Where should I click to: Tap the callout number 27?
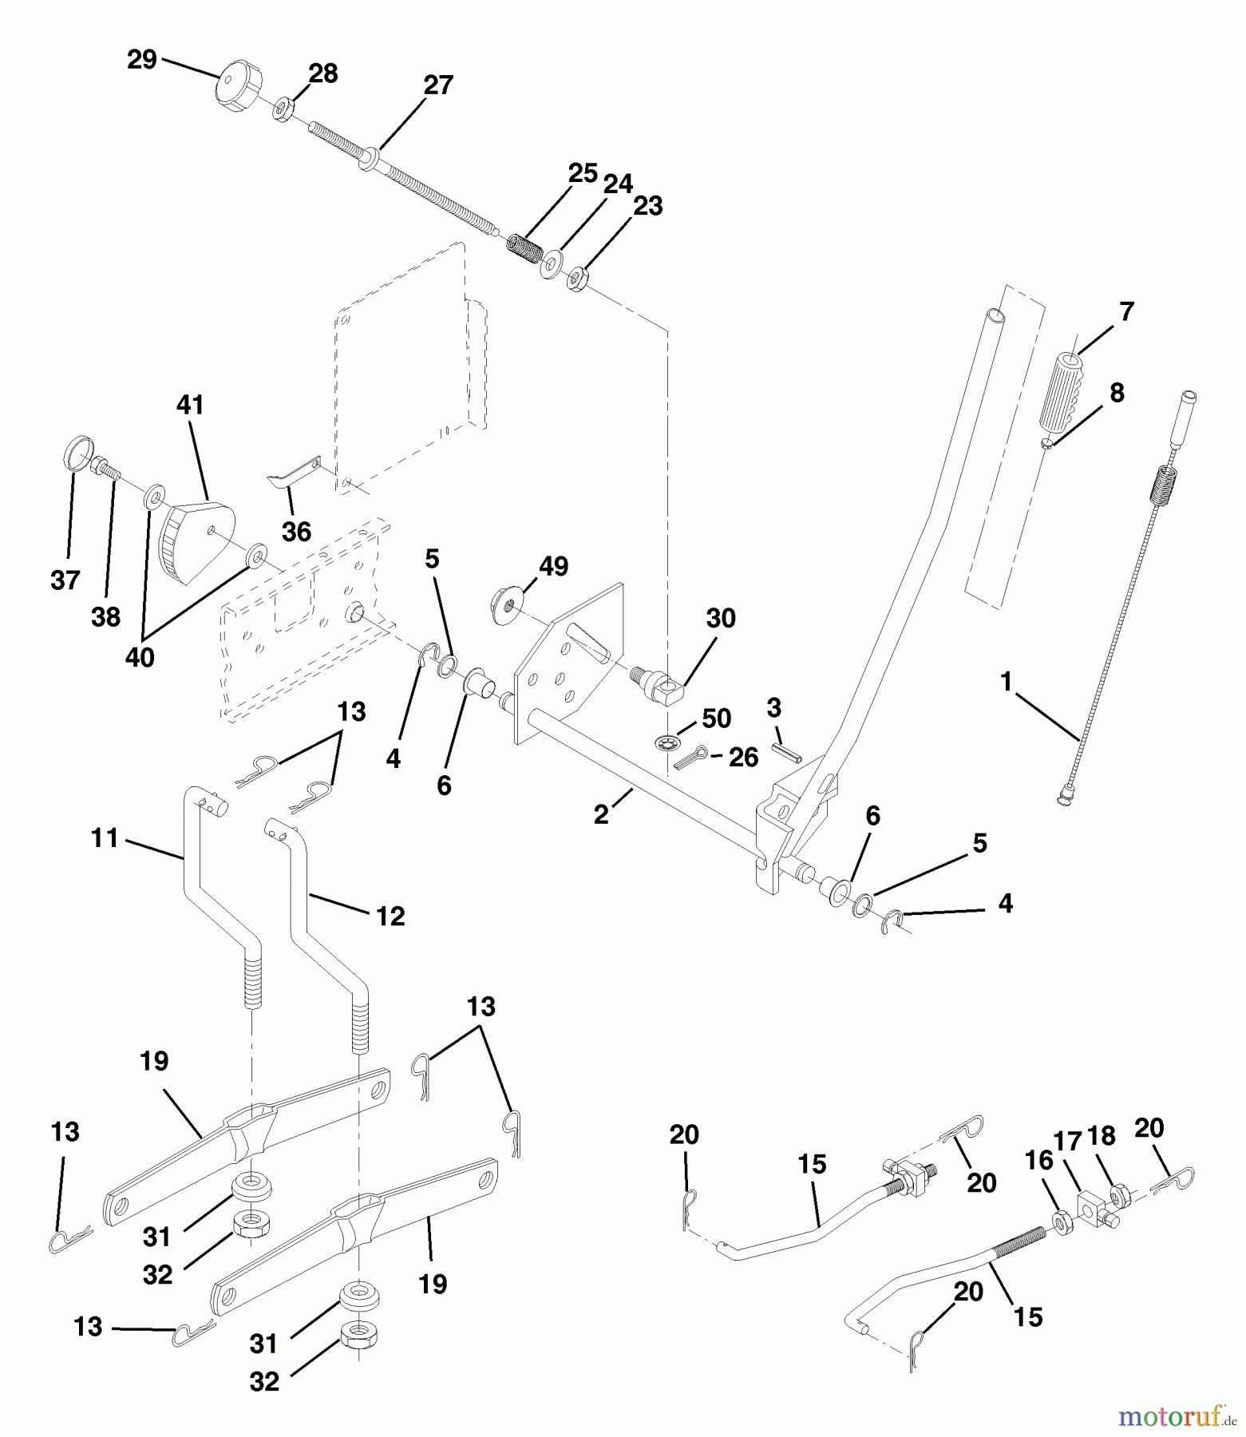(438, 85)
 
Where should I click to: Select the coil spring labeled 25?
(524, 243)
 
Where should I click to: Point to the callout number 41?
(190, 406)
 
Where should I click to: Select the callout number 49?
(553, 567)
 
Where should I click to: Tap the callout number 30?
(721, 619)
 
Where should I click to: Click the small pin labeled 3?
(786, 754)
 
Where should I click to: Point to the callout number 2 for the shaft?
(601, 814)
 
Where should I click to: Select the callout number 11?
(105, 838)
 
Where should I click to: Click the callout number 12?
(390, 916)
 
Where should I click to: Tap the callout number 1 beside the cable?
(1006, 683)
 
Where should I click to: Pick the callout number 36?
(296, 532)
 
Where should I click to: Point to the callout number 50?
(716, 718)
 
